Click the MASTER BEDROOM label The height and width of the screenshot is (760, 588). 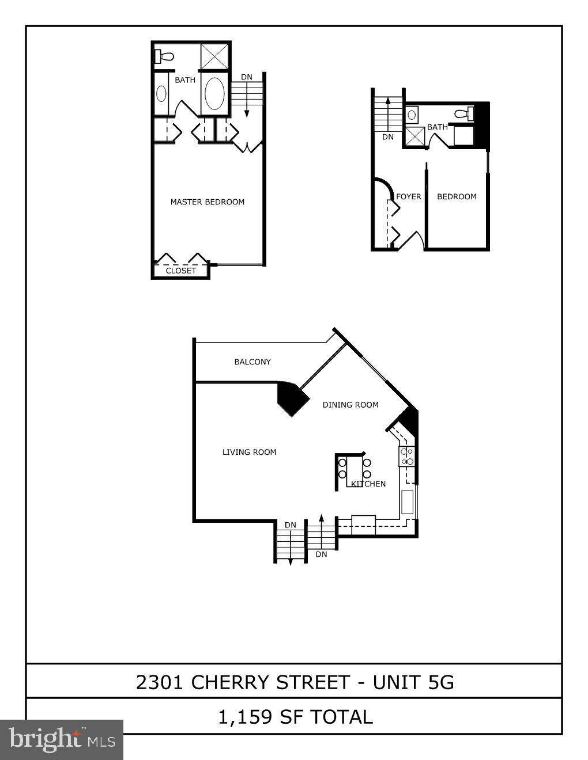[207, 202]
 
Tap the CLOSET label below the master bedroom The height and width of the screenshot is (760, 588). [181, 271]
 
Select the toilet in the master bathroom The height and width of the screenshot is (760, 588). [165, 56]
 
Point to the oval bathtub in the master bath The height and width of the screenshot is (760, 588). [215, 94]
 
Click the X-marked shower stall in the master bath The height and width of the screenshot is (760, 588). [214, 56]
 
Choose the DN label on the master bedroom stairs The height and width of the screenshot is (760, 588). [246, 77]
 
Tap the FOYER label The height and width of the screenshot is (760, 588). [408, 197]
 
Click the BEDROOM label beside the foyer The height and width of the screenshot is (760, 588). [457, 197]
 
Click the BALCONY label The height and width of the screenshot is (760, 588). [252, 362]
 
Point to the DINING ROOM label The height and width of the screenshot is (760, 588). [350, 405]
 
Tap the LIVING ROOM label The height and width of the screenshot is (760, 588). [249, 453]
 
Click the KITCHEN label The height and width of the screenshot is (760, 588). [369, 484]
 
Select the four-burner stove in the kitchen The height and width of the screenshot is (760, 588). [408, 457]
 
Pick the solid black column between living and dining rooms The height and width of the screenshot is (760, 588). [292, 398]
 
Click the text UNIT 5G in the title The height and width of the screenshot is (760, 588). [413, 682]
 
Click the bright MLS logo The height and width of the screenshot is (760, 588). [62, 740]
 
